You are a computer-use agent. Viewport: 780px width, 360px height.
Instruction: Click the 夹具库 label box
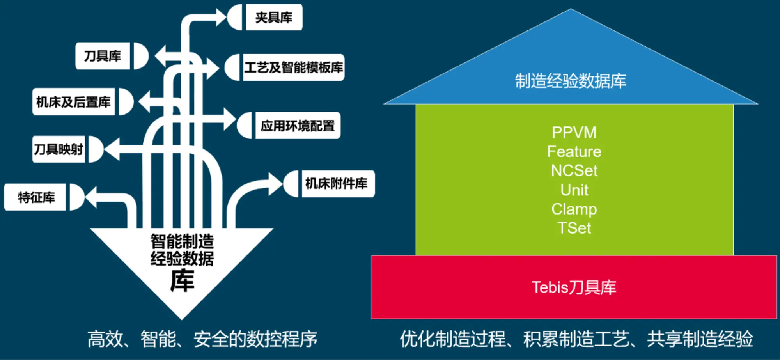coord(274,17)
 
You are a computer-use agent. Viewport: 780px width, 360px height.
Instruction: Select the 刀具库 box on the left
coord(103,56)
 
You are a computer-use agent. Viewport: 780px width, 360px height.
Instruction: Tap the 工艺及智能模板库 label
coord(294,67)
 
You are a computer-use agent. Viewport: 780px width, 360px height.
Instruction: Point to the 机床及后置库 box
coord(73,102)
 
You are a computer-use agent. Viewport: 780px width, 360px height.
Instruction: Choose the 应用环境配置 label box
coord(298,126)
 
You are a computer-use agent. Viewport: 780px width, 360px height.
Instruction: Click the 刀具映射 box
coord(58,149)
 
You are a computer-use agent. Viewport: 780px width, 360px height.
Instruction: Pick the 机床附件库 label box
coord(338,183)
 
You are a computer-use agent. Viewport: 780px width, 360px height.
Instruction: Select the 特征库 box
coord(35,197)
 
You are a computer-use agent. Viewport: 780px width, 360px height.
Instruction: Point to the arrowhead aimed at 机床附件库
coord(276,184)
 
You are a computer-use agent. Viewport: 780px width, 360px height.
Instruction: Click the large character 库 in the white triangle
coord(182,280)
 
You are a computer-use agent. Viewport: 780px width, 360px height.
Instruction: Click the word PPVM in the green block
coord(574,133)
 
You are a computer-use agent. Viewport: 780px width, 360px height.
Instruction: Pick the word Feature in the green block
coord(574,151)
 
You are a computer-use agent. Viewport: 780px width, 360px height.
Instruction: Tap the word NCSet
coord(574,170)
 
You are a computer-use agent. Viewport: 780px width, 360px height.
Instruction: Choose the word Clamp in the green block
coord(574,209)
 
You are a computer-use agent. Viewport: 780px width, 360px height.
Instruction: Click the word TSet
coord(574,228)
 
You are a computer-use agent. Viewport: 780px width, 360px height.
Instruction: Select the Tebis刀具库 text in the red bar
coord(574,287)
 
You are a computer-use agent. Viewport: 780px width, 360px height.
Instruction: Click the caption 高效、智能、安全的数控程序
coord(202,339)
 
